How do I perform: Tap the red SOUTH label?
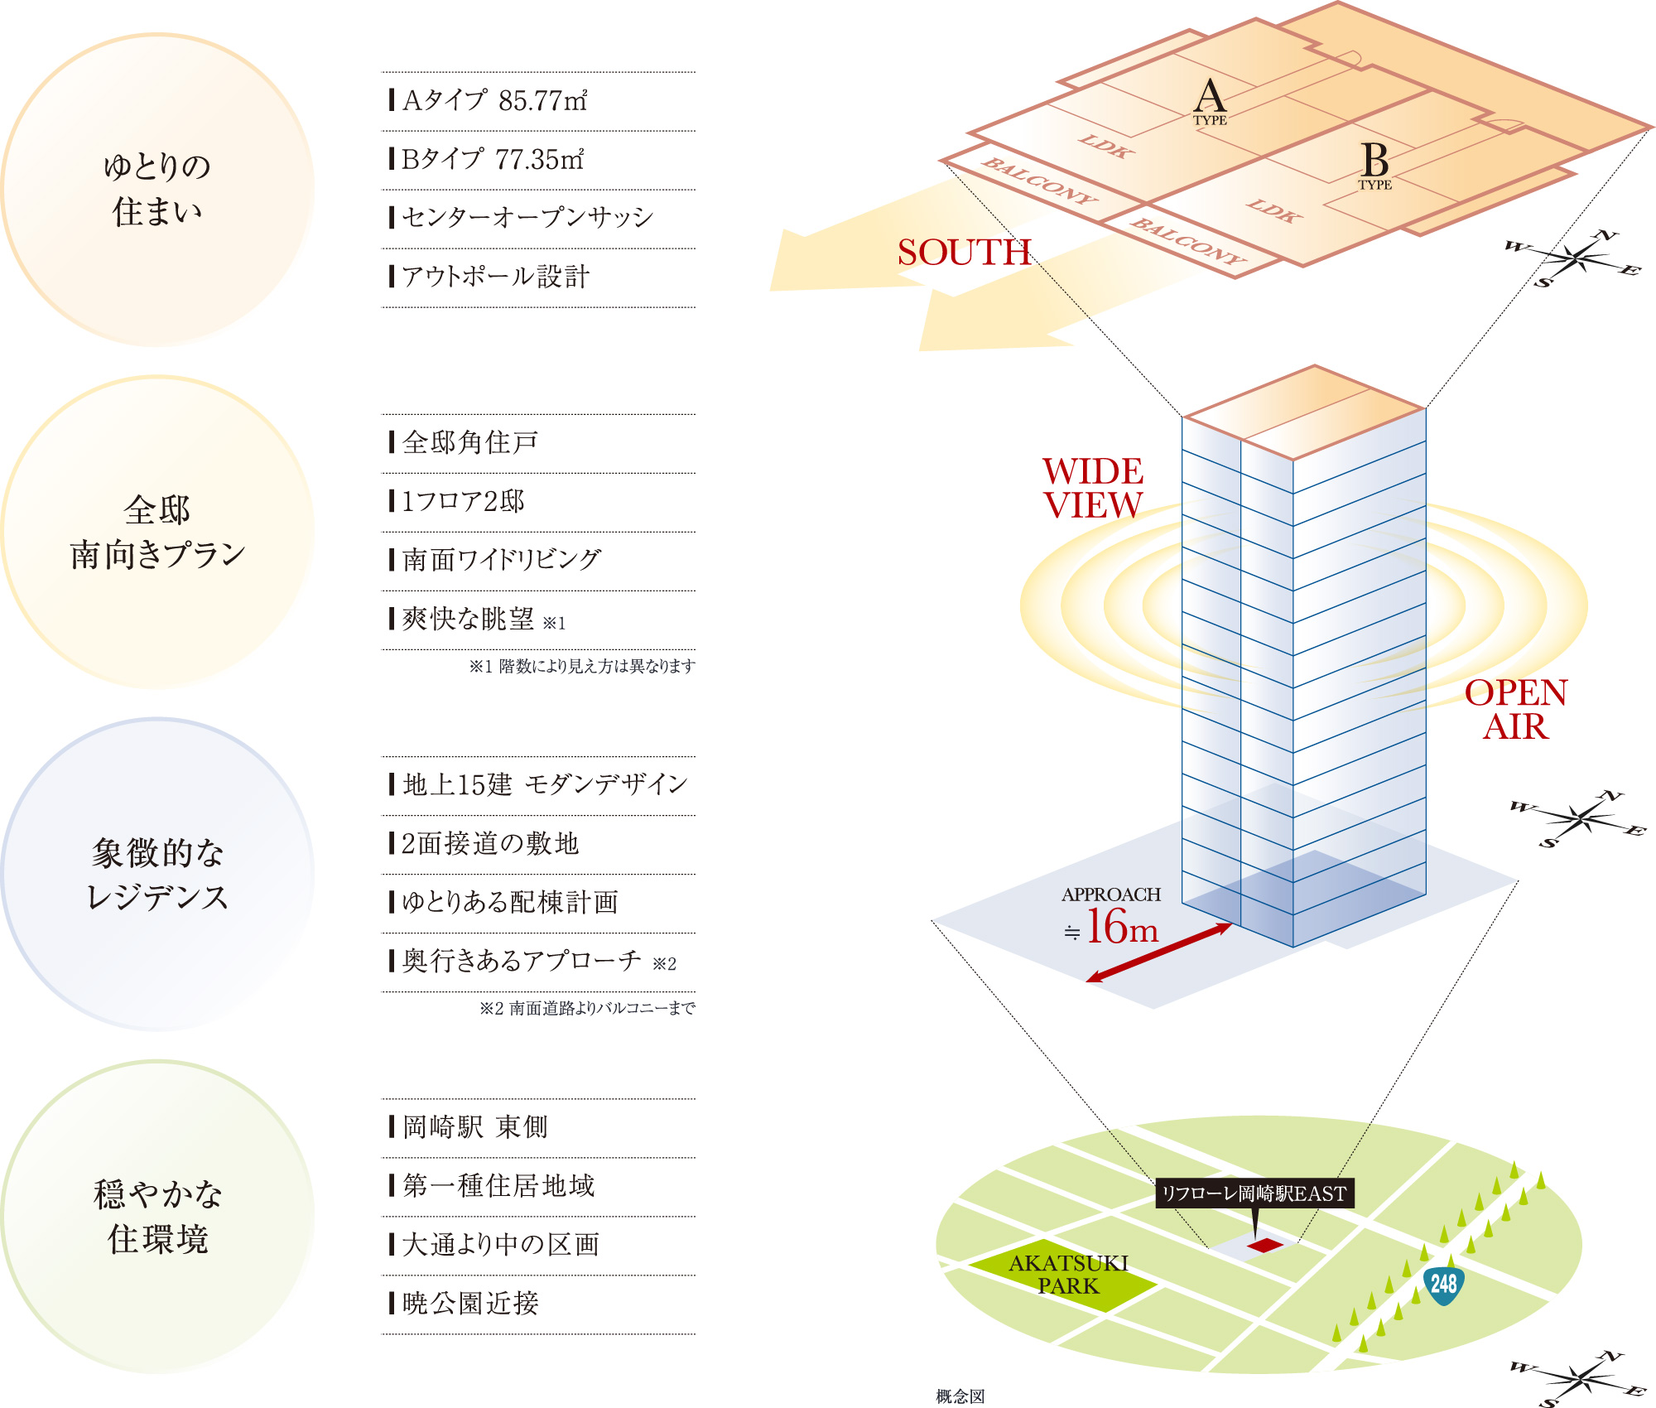(965, 253)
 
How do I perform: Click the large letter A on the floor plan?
(1210, 96)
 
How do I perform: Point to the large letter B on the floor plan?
(1374, 161)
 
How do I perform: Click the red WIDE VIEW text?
(1093, 488)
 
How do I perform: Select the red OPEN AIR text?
(1515, 710)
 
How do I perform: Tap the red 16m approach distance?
(1121, 927)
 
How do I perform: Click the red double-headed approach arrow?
(1159, 952)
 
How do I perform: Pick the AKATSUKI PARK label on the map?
(1068, 1275)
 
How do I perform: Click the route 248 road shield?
(1443, 1285)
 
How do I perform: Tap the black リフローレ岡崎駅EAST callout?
(1254, 1193)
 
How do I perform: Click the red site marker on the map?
(1264, 1245)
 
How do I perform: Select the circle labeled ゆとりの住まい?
(157, 189)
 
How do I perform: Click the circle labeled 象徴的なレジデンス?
(157, 875)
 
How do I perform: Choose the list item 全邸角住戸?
(470, 443)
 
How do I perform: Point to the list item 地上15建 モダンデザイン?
(544, 785)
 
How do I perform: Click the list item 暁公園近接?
(470, 1304)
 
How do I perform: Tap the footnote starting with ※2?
(587, 1008)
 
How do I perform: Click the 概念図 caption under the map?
(960, 1396)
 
